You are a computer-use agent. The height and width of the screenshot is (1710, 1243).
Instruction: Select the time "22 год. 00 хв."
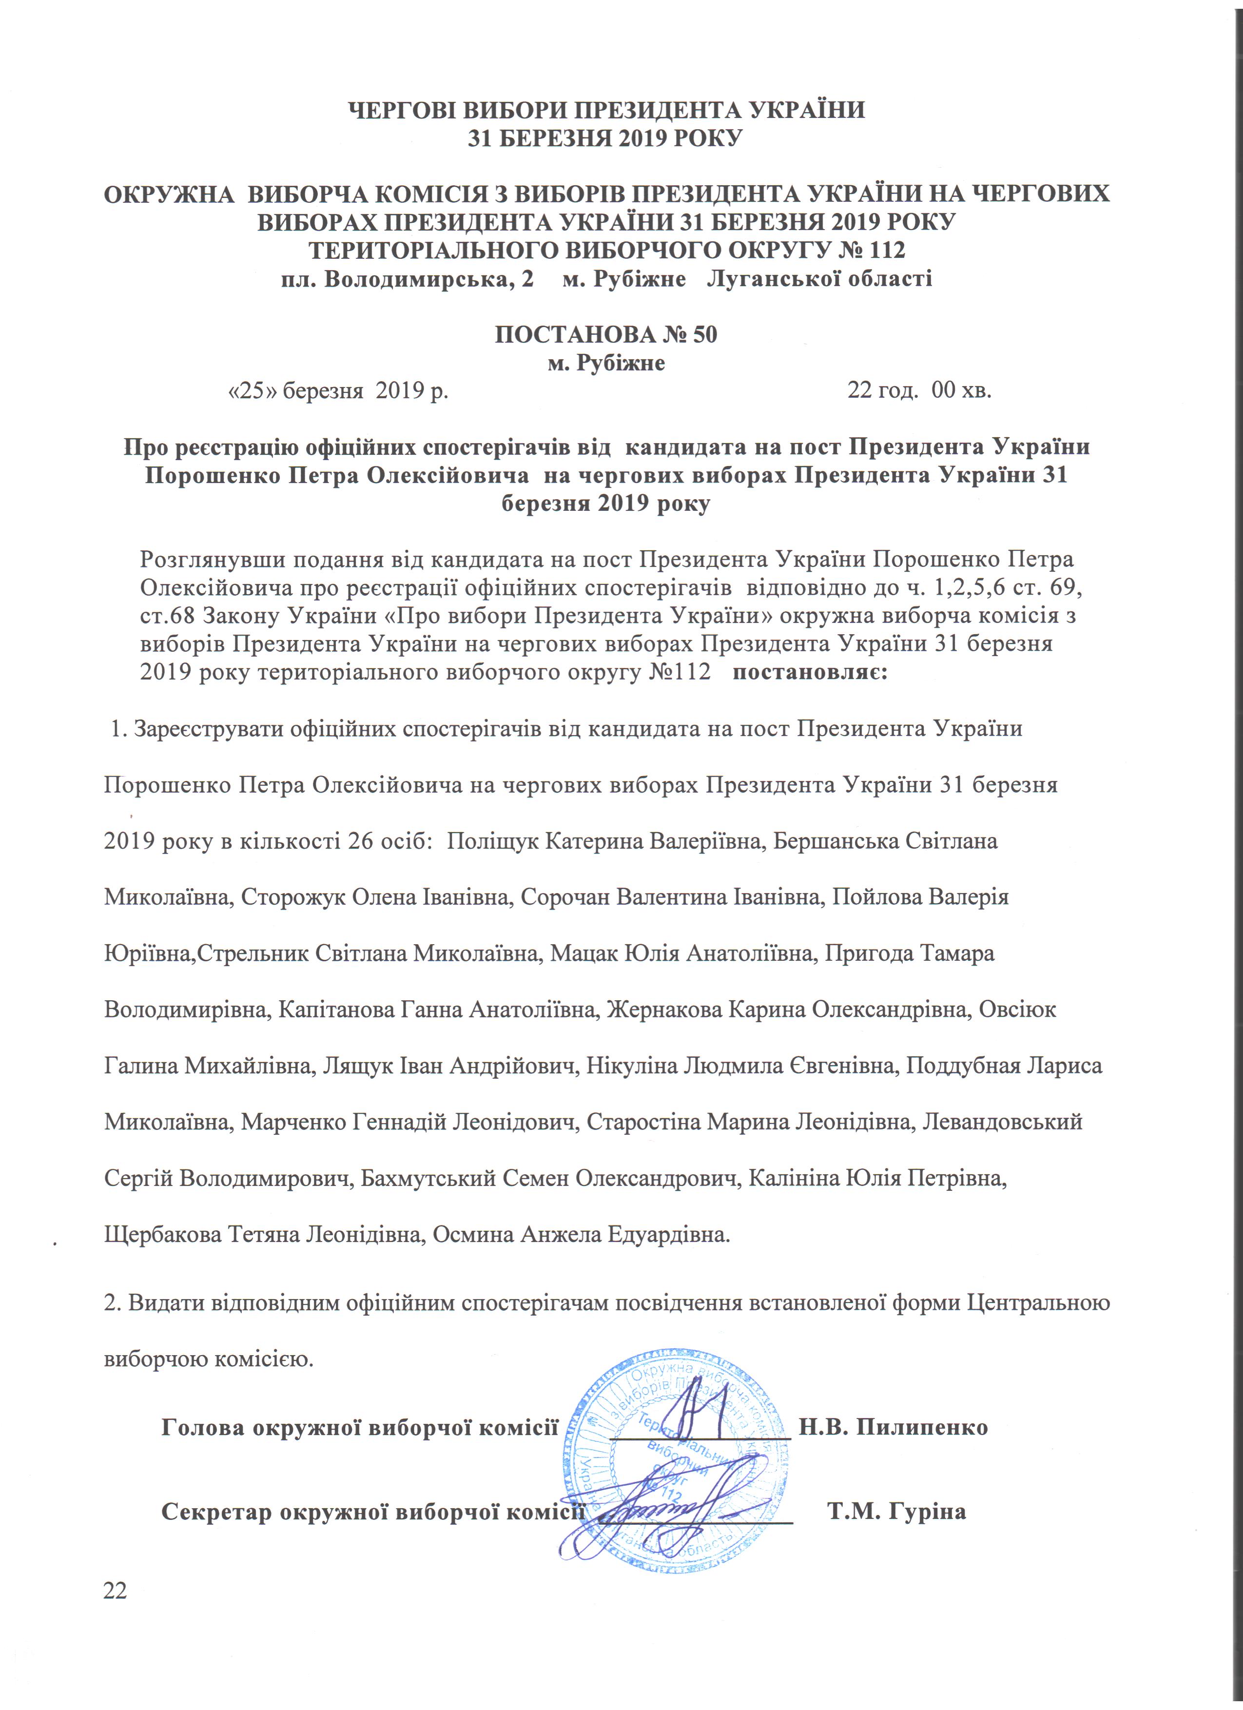[x=919, y=391]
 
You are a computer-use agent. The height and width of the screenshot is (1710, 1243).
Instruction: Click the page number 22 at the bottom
[x=116, y=1590]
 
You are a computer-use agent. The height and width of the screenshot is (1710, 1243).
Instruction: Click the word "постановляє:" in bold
[x=810, y=671]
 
